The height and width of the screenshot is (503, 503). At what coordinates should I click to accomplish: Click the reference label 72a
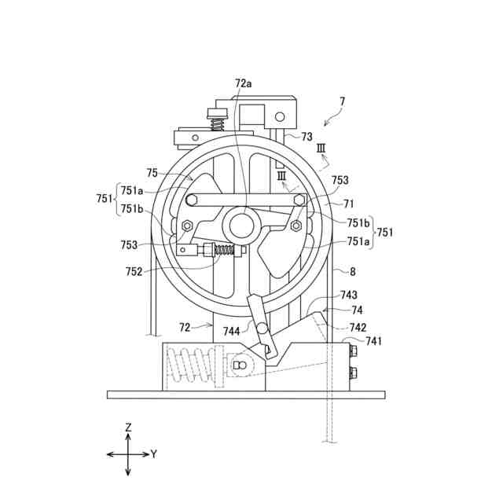tap(244, 83)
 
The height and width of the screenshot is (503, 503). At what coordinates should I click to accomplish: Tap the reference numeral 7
tap(342, 101)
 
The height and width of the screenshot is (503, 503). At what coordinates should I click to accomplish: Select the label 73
tap(307, 137)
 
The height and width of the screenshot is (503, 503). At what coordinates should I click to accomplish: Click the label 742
tap(358, 326)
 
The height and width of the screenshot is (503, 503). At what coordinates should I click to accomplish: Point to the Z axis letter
tap(128, 427)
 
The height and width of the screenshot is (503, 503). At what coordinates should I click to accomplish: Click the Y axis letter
tap(154, 454)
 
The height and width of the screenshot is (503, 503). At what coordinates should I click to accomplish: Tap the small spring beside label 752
tap(226, 251)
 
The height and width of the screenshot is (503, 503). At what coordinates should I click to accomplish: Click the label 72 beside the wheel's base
tap(185, 325)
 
